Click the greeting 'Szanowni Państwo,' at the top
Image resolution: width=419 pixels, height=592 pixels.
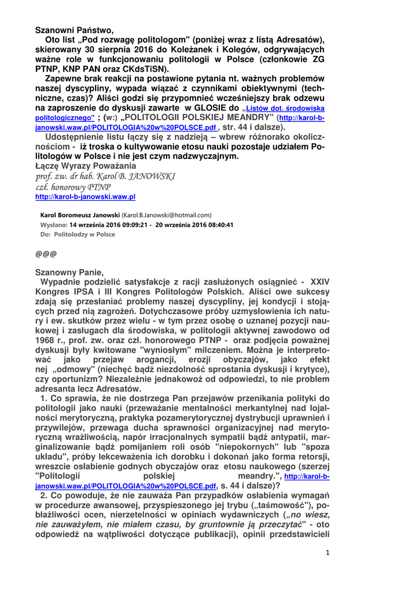coord(74,30)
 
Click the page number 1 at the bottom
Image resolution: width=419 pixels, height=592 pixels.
coord(327,552)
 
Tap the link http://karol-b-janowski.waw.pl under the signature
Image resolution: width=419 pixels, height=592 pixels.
coord(85,197)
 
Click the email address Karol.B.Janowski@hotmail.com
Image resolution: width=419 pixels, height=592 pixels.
coord(167,215)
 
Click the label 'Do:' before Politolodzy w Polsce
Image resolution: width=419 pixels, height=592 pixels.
coord(45,234)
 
